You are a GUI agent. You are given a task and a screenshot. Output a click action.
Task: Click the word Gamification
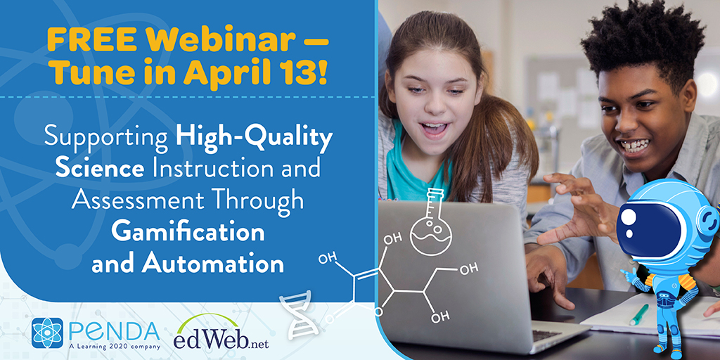pos(188,232)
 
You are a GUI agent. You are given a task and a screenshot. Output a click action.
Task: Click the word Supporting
pos(105,137)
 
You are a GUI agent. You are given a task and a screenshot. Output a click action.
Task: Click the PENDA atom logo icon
pos(47,333)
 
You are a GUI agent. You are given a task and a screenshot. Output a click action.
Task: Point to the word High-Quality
pos(254,137)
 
